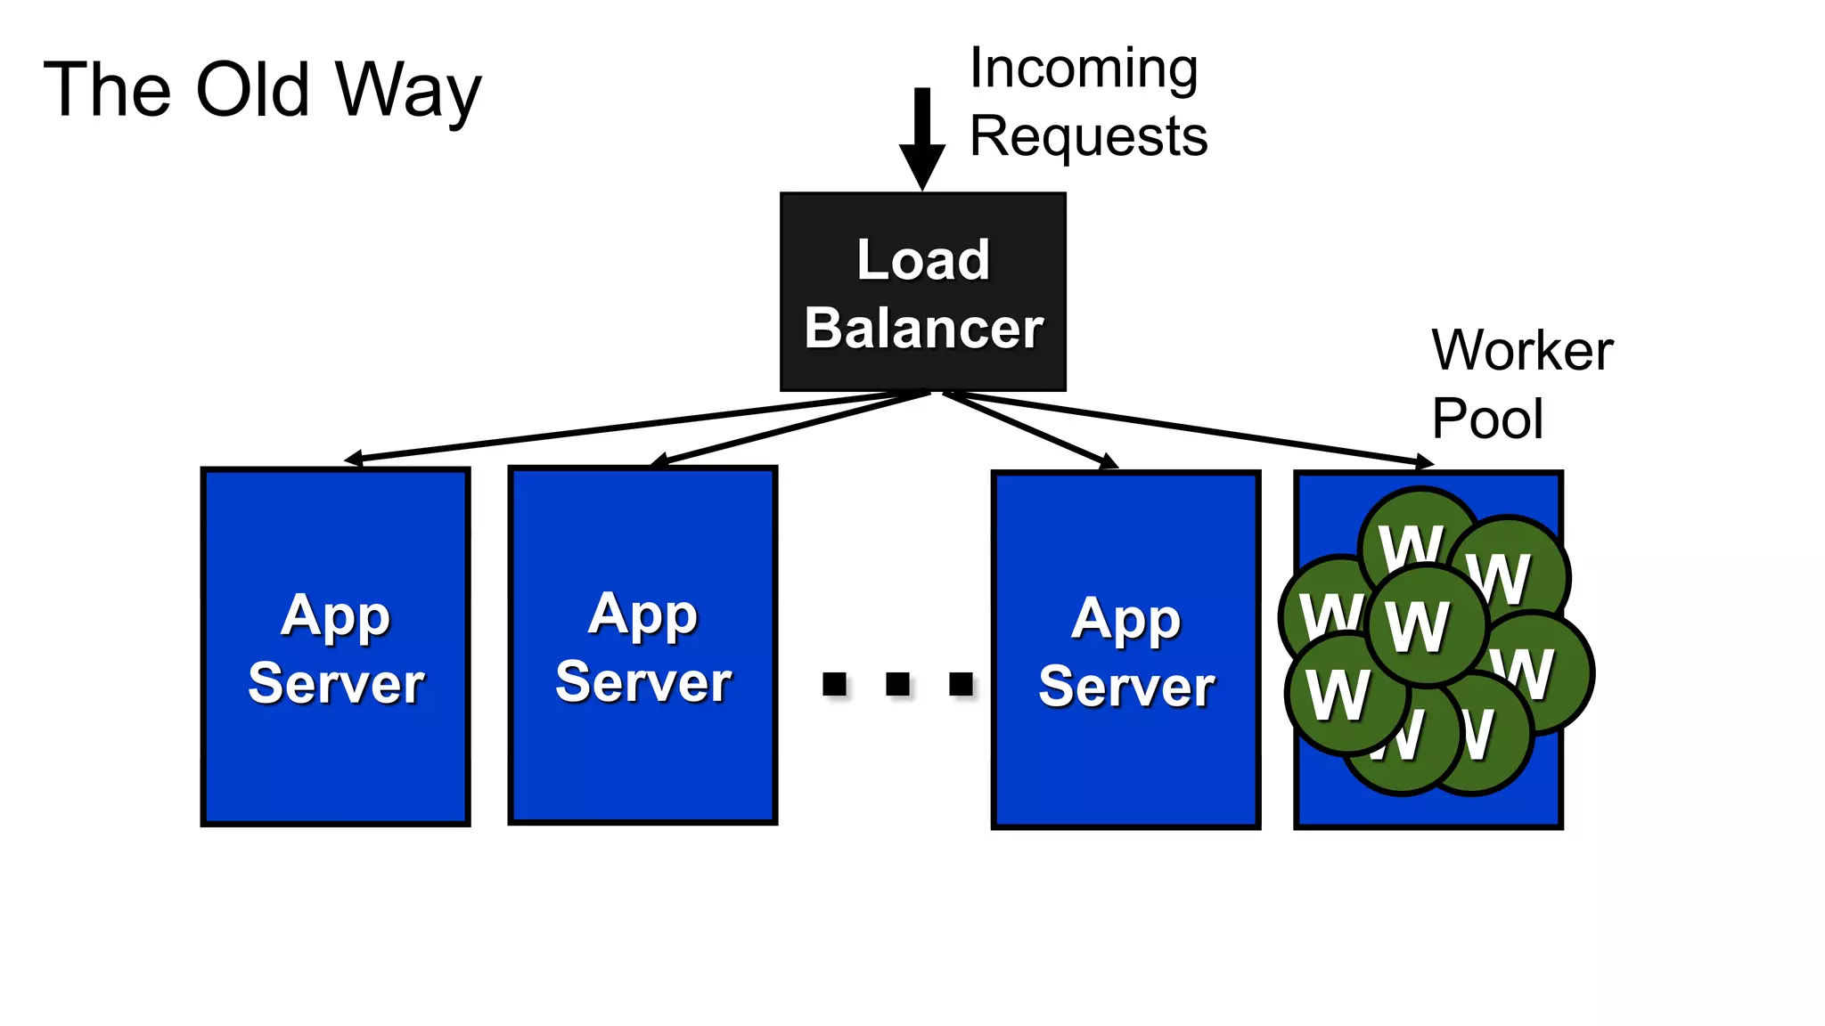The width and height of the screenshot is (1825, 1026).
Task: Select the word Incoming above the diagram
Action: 1083,69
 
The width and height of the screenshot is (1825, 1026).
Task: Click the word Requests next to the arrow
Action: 1088,136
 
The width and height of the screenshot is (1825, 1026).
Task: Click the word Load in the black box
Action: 923,260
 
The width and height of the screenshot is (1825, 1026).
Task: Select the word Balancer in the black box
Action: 923,328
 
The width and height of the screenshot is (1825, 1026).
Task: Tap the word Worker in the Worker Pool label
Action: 1522,350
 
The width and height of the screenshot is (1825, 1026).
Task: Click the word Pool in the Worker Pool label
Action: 1486,419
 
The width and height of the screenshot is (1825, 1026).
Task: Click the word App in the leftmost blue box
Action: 335,615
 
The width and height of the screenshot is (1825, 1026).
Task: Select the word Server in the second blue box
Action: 643,682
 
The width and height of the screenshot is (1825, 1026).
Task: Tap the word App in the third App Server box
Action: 1126,620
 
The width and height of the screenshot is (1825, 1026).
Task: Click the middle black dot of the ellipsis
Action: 897,684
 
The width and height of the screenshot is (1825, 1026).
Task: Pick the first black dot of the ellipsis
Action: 834,684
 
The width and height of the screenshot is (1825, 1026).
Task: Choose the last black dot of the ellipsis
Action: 961,684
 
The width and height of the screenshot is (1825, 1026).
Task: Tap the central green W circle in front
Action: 1426,626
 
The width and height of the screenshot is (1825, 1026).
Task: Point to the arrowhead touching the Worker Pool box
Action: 1425,462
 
